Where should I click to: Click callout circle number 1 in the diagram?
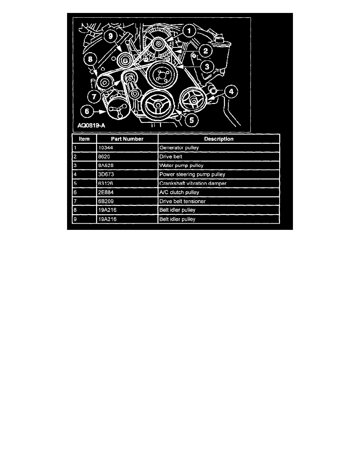click(189, 31)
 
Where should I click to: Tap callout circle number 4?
click(231, 91)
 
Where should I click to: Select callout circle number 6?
click(87, 111)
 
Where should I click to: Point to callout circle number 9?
click(111, 36)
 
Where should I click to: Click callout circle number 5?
click(192, 120)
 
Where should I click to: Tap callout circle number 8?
click(90, 59)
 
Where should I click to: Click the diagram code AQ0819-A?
click(91, 126)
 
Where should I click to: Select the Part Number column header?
click(127, 139)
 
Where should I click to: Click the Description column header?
click(219, 139)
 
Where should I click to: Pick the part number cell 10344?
click(105, 148)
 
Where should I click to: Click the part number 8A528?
click(106, 166)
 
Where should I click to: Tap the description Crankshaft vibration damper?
click(193, 183)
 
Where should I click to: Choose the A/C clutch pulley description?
click(179, 192)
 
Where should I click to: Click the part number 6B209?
click(106, 201)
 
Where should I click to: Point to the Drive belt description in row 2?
click(171, 157)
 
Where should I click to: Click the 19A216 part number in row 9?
click(107, 219)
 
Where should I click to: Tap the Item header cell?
click(84, 139)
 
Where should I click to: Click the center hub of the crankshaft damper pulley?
click(157, 105)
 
